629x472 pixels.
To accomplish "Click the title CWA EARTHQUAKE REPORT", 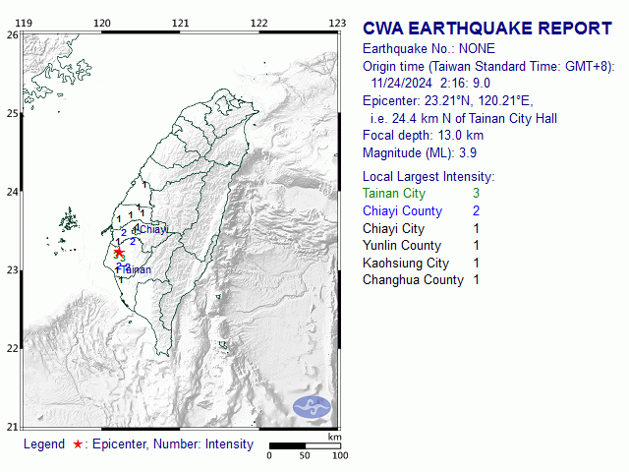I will click(487, 29).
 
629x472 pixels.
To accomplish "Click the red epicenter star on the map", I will click(119, 252).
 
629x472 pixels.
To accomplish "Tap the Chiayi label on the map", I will click(153, 229).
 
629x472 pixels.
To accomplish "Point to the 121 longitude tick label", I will click(180, 22).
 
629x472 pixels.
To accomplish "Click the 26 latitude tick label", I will click(12, 34).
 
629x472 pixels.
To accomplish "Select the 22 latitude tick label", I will click(12, 348).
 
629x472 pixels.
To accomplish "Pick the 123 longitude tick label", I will click(337, 22).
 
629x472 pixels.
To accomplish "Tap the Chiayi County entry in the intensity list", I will click(402, 211).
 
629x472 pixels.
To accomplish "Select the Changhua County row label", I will click(413, 280).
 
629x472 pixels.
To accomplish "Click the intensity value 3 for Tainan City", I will click(476, 194).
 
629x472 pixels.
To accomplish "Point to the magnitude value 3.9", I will click(468, 152).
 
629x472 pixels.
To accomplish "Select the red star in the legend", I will click(77, 444).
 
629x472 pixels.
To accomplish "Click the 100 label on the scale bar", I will click(340, 455).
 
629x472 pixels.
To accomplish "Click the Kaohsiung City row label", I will click(406, 263).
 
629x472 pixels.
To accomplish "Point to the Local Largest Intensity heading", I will click(429, 176).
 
